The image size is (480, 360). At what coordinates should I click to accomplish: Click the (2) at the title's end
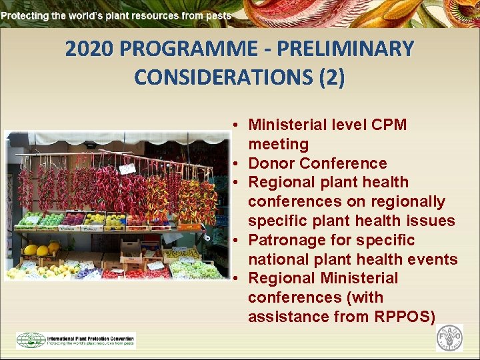(x=331, y=77)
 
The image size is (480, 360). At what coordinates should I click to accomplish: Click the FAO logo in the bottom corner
(x=449, y=339)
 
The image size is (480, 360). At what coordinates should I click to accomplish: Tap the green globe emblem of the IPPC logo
(x=31, y=340)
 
